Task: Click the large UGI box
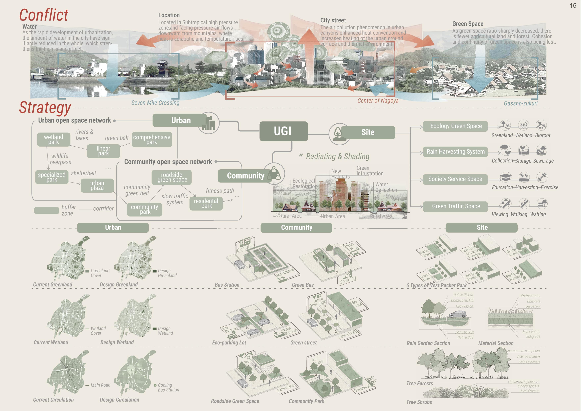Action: click(x=283, y=131)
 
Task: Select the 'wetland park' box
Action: click(x=54, y=139)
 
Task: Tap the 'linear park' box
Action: click(x=103, y=151)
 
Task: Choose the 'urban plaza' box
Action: click(x=97, y=185)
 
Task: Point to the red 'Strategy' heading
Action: click(x=45, y=108)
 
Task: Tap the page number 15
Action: click(x=573, y=6)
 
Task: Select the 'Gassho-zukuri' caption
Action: click(x=521, y=103)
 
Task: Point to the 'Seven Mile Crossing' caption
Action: click(x=155, y=103)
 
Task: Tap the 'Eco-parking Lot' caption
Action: click(x=229, y=343)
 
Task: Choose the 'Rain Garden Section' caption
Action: click(x=428, y=343)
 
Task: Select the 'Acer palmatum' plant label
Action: click(x=528, y=356)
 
